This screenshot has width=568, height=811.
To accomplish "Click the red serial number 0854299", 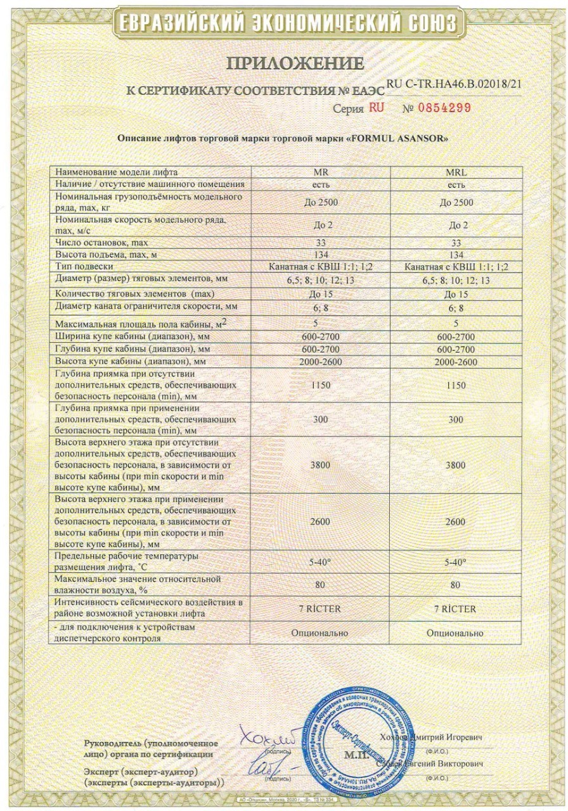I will point(444,108).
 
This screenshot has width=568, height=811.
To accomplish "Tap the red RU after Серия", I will point(376,108).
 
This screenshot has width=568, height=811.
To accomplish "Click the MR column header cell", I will point(321,172).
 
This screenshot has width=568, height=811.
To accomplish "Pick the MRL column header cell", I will point(456,172).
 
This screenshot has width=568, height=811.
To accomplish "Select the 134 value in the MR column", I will point(321,254).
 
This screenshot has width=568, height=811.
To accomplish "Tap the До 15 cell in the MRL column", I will point(456,294).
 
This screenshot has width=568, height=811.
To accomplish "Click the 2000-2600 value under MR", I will point(321,362).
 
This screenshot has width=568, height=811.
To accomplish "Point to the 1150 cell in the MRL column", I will point(456,385).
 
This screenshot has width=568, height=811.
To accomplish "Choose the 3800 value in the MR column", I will point(321,465).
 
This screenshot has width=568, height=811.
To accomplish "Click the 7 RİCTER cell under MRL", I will point(456,609).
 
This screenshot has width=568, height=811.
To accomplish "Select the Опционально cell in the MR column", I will point(321,632).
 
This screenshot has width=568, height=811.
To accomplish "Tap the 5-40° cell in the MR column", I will point(321,562).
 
